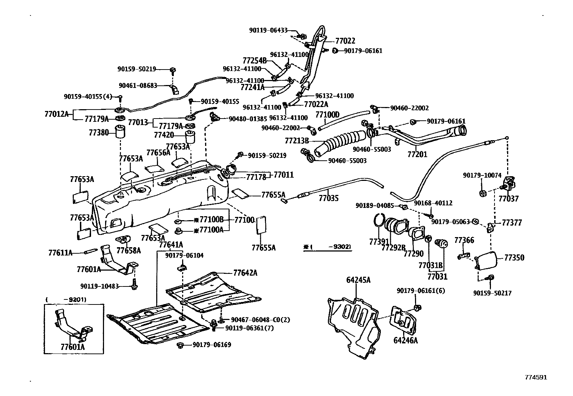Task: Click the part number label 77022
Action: [x=345, y=41]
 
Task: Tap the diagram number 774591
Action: [x=536, y=377]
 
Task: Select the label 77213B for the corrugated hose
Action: [x=297, y=141]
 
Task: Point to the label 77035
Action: [x=328, y=198]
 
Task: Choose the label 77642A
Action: [x=245, y=272]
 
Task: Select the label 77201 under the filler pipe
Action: [x=417, y=155]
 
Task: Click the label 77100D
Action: [x=327, y=115]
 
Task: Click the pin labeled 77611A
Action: [x=91, y=252]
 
